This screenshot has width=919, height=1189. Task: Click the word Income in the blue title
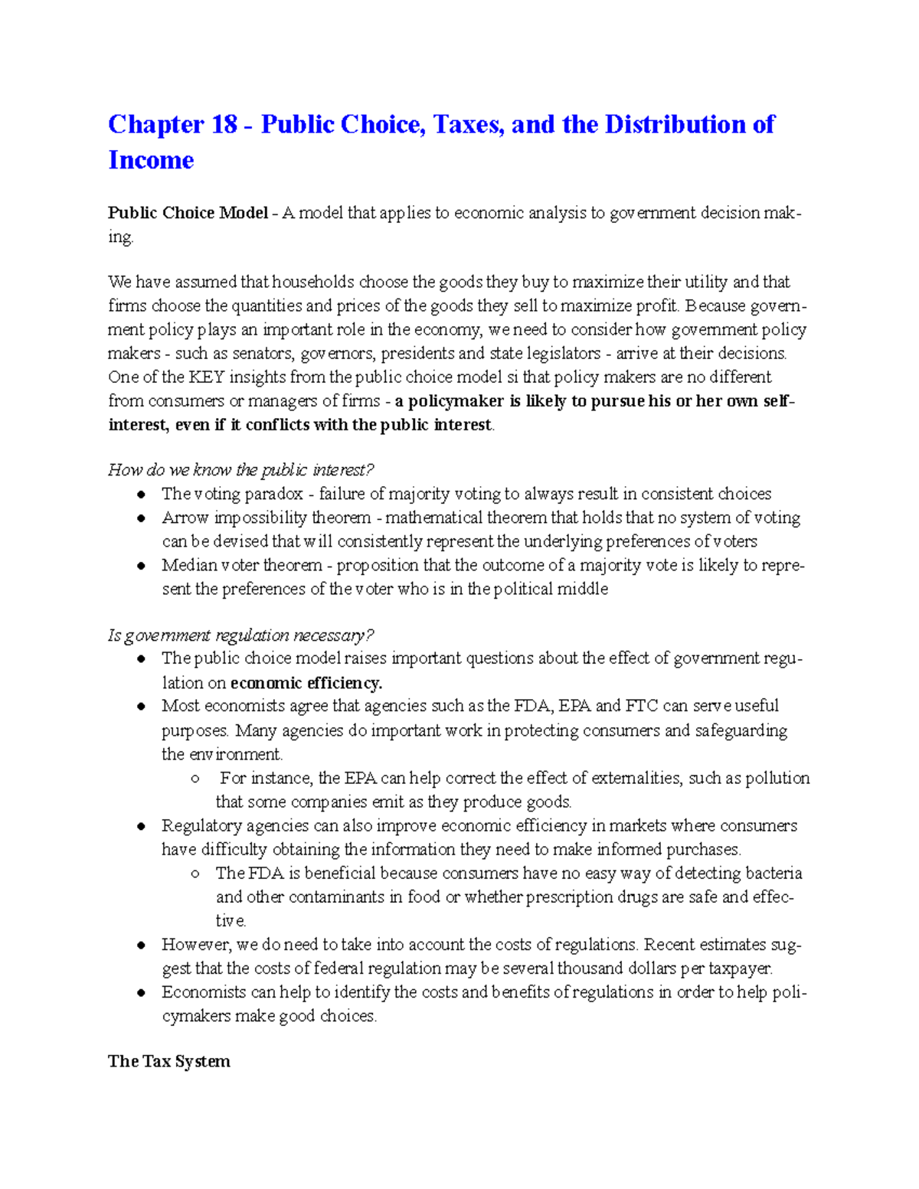(151, 160)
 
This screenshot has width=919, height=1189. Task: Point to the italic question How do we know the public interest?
(240, 470)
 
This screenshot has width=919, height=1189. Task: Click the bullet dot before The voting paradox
(141, 495)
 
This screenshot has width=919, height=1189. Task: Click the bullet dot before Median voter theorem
(141, 566)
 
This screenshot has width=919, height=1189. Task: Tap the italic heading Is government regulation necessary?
(240, 635)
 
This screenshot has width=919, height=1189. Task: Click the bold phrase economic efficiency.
(306, 683)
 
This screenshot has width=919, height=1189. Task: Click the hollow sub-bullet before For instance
(196, 779)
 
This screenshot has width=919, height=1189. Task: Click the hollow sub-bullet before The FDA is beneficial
(196, 874)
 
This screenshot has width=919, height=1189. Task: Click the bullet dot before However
(141, 946)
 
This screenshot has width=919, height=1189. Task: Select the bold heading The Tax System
(169, 1061)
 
